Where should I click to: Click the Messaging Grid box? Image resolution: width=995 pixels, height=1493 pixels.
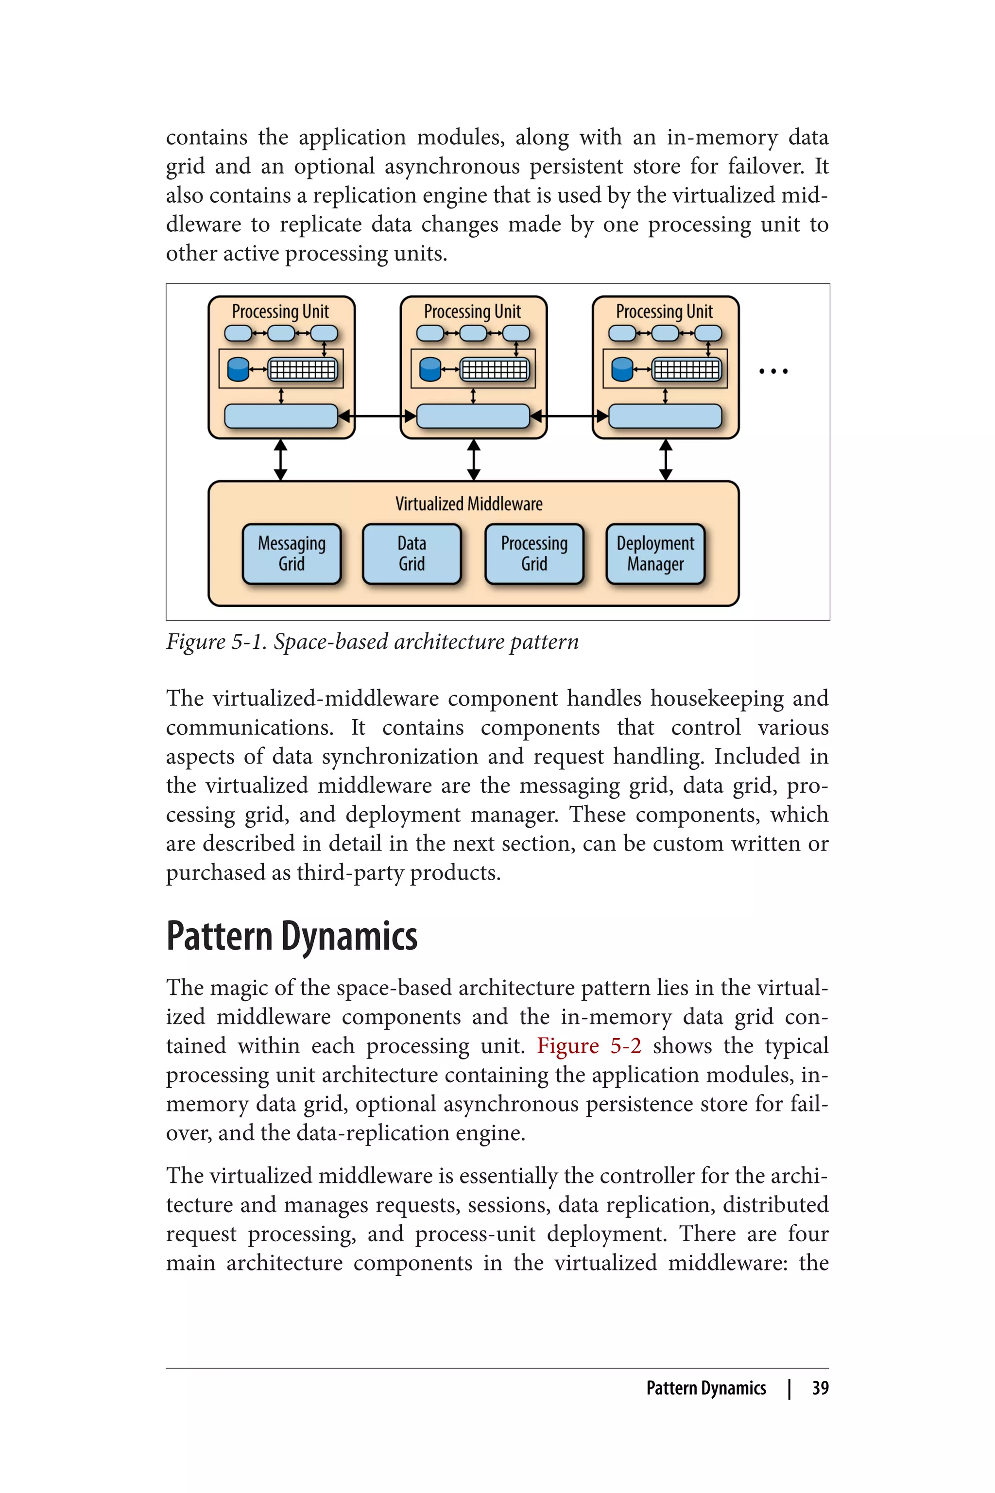click(x=292, y=554)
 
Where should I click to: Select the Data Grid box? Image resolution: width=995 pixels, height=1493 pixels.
click(x=412, y=554)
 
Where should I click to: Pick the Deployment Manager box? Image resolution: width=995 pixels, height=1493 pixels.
click(x=655, y=554)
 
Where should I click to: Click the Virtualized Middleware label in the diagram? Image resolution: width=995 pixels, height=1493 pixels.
click(x=469, y=504)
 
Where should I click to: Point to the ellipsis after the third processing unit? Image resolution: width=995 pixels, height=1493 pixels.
click(x=773, y=371)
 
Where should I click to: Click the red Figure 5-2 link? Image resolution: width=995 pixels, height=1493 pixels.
click(x=589, y=1045)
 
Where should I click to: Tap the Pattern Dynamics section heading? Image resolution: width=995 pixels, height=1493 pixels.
click(x=292, y=937)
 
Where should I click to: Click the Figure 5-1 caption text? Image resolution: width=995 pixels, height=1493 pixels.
click(x=373, y=642)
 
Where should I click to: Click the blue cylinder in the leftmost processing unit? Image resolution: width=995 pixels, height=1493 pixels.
click(x=238, y=369)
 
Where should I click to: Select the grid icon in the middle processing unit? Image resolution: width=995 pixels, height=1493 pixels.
click(x=494, y=369)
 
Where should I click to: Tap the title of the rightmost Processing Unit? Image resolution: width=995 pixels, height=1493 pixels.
click(x=665, y=312)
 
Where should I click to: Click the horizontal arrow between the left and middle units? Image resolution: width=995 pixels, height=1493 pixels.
click(x=377, y=417)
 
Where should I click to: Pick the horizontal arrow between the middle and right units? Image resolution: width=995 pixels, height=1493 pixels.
click(x=569, y=417)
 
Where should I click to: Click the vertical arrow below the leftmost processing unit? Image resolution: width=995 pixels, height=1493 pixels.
click(x=280, y=460)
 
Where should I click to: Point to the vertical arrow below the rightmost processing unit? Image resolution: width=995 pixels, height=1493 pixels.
click(x=665, y=460)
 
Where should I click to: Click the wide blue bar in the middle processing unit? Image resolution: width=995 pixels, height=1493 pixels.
click(x=473, y=417)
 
